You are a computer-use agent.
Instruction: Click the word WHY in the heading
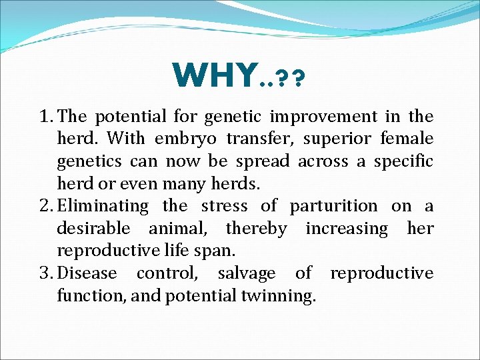tap(214, 75)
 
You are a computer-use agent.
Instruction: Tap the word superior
tap(277, 139)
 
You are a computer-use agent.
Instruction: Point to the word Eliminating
tap(103, 207)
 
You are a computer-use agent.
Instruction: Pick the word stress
tap(224, 207)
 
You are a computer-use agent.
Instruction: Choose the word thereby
tap(257, 229)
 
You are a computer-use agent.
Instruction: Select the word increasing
tap(347, 229)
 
